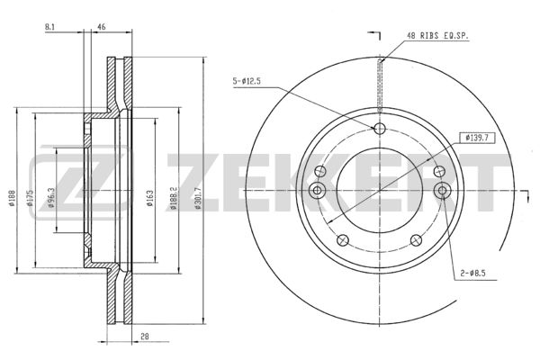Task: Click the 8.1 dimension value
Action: point(49,27)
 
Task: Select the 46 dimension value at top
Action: point(102,27)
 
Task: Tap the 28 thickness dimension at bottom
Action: point(145,337)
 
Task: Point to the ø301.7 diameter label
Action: point(197,198)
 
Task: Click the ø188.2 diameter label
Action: point(173,198)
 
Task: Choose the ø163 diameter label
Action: point(149,198)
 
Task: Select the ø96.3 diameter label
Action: point(51,197)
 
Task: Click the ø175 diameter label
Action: point(30,197)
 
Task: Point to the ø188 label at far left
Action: point(12,198)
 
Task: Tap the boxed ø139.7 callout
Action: point(477,138)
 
